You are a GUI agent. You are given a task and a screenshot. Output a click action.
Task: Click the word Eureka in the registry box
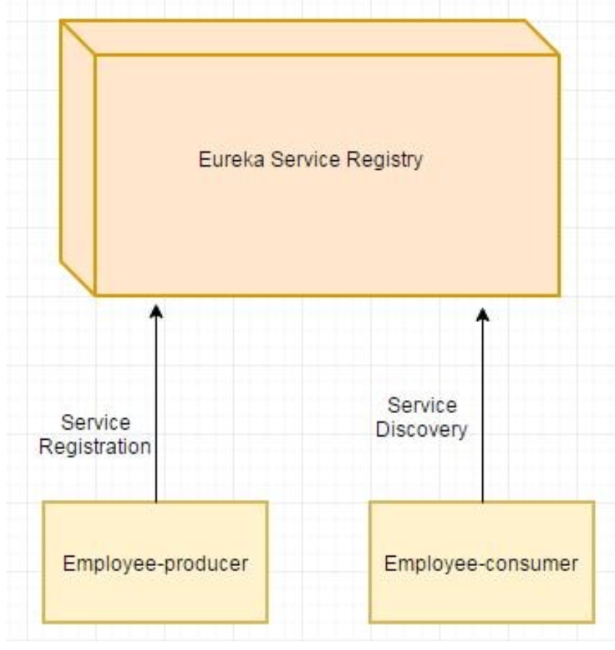(221, 160)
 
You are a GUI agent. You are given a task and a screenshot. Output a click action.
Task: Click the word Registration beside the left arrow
(95, 446)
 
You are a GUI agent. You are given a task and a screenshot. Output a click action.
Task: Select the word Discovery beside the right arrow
(428, 430)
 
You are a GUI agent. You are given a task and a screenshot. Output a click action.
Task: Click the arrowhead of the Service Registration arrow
(155, 311)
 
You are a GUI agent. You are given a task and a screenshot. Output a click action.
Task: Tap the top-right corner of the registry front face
(559, 55)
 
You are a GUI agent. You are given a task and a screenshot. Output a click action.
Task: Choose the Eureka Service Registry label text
(310, 160)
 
